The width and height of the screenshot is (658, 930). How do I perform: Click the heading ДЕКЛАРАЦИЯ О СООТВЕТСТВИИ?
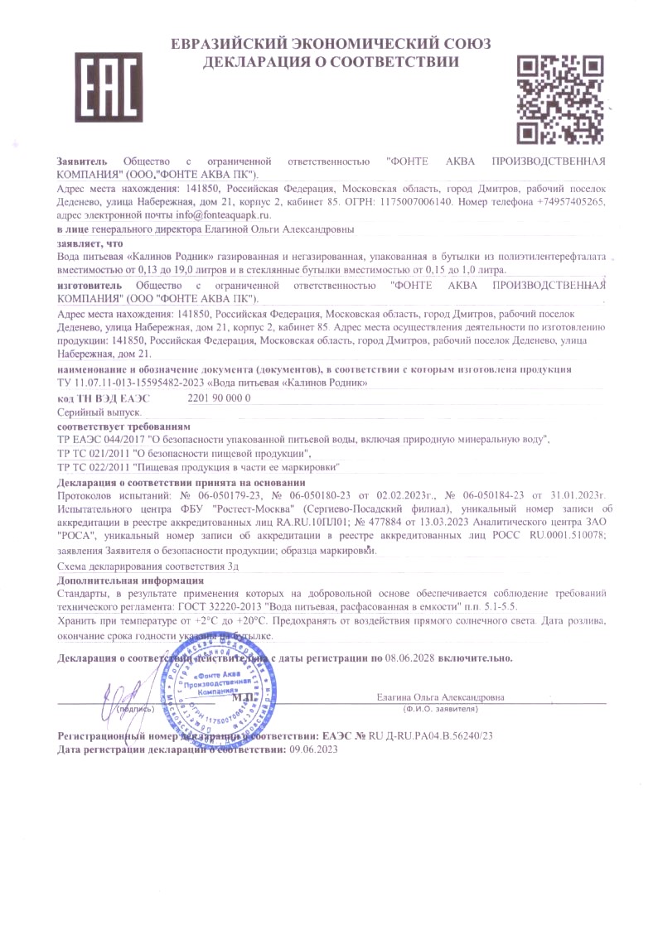[331, 62]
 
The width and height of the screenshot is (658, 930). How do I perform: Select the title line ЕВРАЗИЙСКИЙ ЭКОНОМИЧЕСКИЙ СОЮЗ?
[331, 43]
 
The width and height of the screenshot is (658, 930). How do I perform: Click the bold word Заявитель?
[82, 160]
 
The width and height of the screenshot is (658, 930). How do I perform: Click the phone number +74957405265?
[572, 201]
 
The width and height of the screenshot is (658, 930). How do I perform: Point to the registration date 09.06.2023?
[313, 749]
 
